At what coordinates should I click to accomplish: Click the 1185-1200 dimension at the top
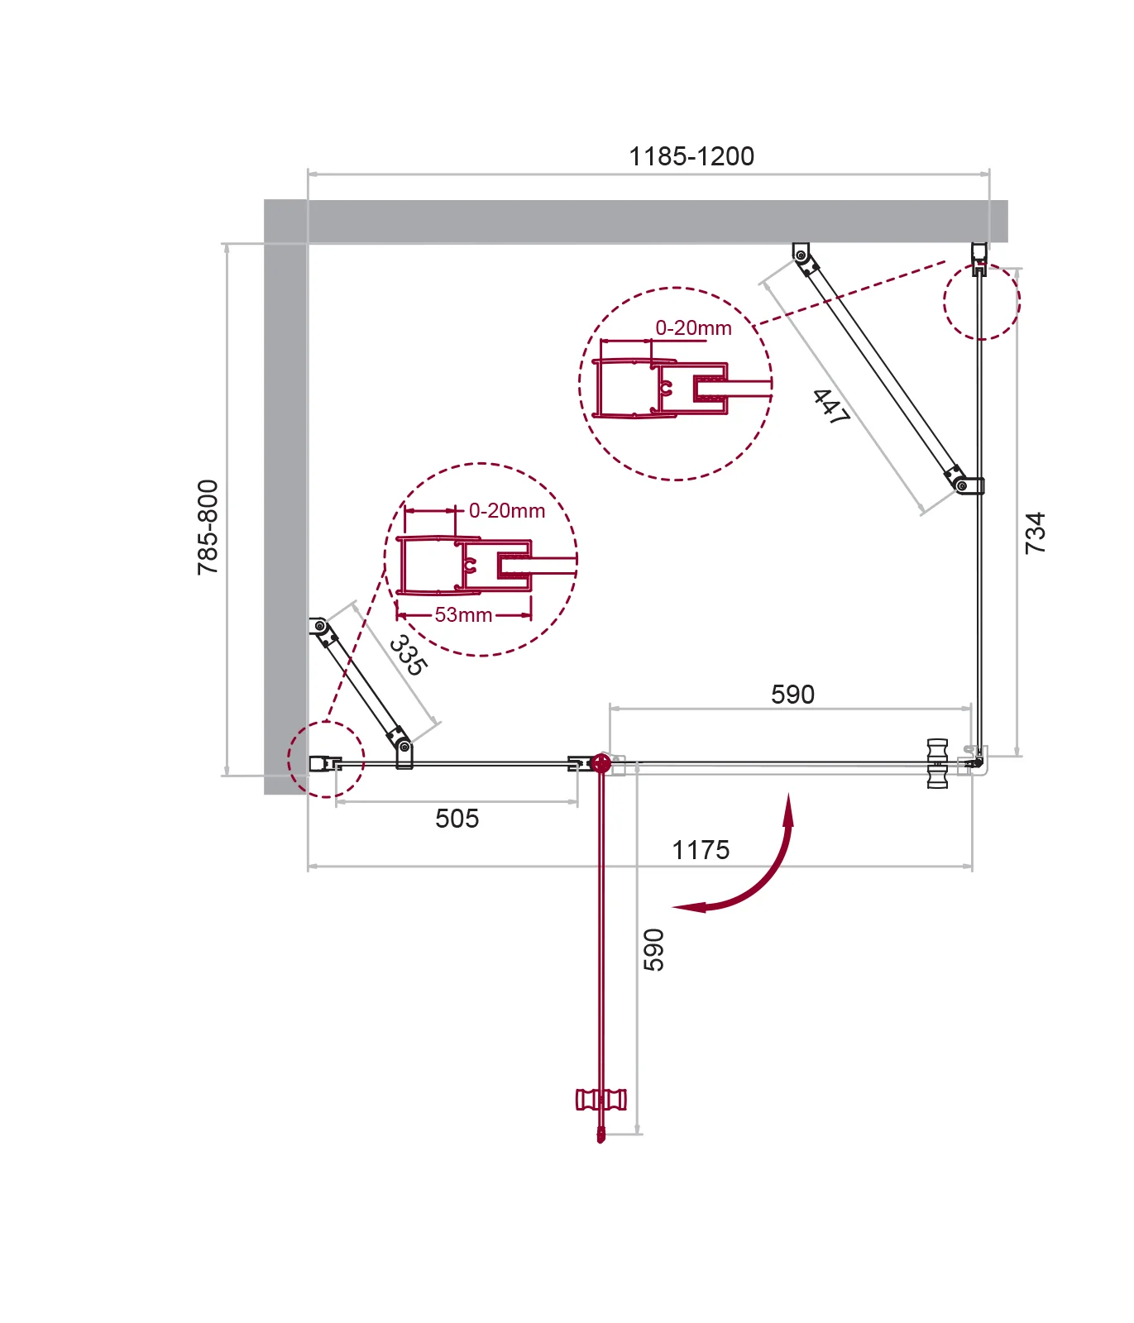[691, 156]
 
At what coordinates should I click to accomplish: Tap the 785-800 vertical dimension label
[208, 528]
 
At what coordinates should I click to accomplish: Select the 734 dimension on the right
[1035, 533]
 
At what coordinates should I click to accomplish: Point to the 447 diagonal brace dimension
[830, 407]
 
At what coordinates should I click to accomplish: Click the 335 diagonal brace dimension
[408, 655]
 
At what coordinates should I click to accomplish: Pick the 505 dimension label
[457, 819]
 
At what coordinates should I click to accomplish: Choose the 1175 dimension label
[701, 850]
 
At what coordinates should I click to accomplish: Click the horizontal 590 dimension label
[792, 695]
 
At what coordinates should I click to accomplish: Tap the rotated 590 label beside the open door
[653, 950]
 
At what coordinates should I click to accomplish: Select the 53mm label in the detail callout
[463, 615]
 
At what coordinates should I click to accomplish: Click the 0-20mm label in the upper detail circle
[693, 328]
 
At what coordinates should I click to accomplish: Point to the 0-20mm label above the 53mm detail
[507, 511]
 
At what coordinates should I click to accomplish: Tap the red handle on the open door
[600, 1100]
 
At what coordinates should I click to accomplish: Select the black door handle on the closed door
[937, 763]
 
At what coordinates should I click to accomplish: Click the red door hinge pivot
[600, 763]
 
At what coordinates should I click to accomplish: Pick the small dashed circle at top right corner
[982, 301]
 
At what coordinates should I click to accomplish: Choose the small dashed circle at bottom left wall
[326, 759]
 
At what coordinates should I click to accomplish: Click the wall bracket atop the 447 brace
[801, 254]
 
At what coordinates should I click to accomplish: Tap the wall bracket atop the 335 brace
[319, 626]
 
